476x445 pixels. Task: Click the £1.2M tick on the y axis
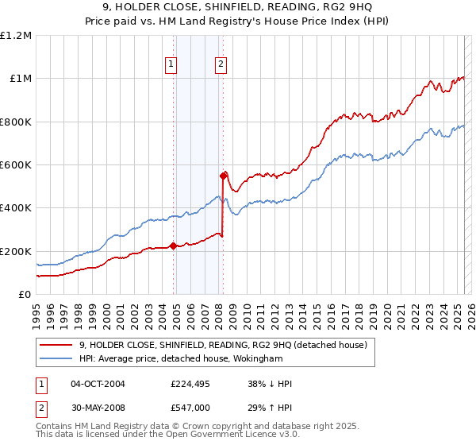[16, 35]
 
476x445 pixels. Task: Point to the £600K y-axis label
[16, 164]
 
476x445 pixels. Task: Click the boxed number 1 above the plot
[171, 65]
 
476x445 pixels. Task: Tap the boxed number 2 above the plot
[221, 65]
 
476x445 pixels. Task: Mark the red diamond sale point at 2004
[173, 246]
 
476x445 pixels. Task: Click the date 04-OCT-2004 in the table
[98, 384]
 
